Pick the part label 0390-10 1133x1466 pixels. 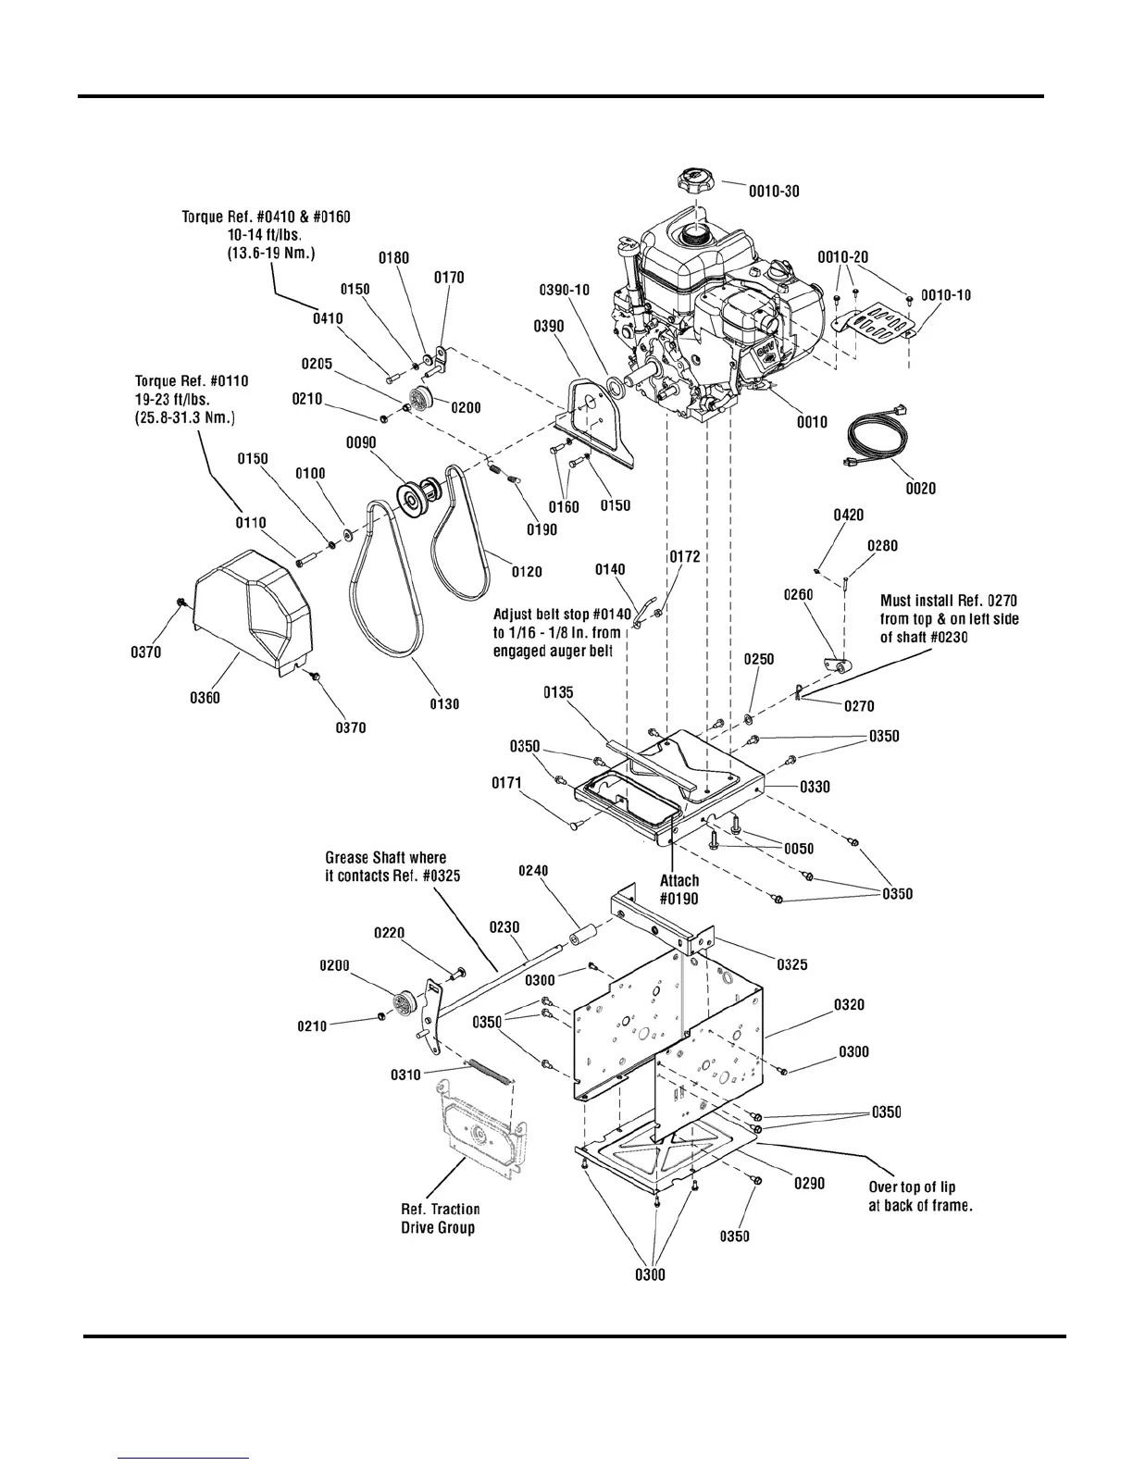click(564, 290)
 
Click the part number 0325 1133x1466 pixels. click(791, 964)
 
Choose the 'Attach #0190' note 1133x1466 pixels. click(679, 889)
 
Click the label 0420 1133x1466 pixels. click(849, 515)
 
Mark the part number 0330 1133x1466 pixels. click(815, 787)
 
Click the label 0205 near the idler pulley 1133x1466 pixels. click(317, 365)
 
